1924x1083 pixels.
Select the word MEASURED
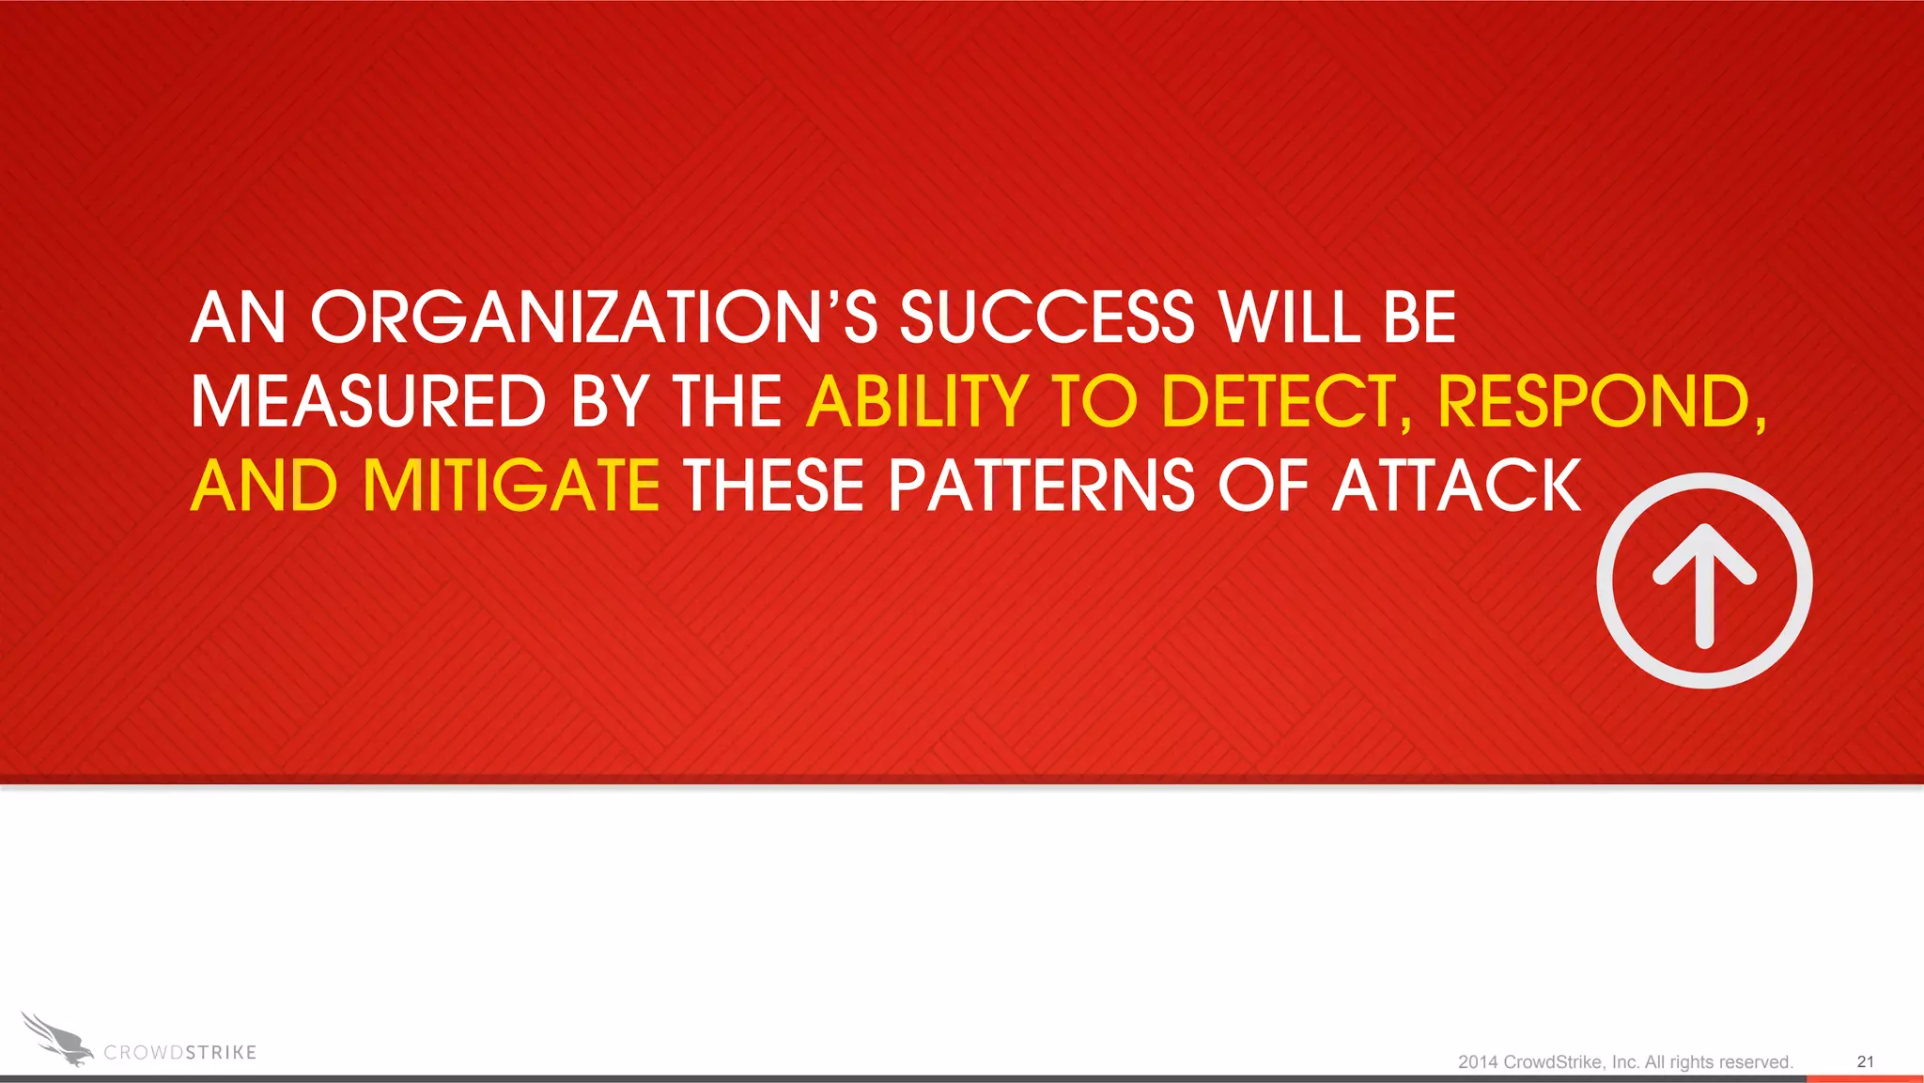pos(368,401)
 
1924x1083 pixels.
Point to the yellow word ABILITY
pos(917,401)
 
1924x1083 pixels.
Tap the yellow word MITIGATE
pos(511,486)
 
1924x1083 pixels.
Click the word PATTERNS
pos(1041,486)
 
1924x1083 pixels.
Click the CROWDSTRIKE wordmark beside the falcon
pos(179,1053)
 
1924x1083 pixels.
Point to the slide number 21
pos(1865,1061)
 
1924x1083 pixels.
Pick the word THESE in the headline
pos(772,486)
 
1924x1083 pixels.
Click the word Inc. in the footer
pos(1625,1062)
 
